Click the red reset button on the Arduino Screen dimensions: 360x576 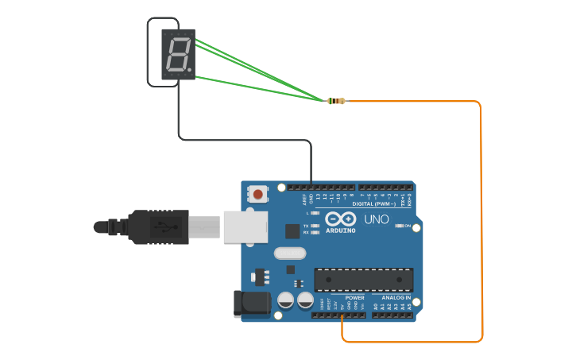pyautogui.click(x=257, y=193)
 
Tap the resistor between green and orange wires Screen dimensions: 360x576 pyautogui.click(x=337, y=101)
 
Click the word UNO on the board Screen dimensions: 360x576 pyautogui.click(x=376, y=219)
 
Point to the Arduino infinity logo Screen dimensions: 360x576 pyautogui.click(x=340, y=219)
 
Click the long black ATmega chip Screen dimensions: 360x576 pyautogui.click(x=364, y=280)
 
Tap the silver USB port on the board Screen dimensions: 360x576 pyautogui.click(x=243, y=226)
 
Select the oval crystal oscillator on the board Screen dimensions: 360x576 pyautogui.click(x=289, y=254)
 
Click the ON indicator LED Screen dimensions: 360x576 pyautogui.click(x=399, y=226)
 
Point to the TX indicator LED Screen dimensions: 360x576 pyautogui.click(x=316, y=226)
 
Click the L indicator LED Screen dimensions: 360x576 pyautogui.click(x=316, y=213)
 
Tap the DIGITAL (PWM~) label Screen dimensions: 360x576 pyautogui.click(x=381, y=204)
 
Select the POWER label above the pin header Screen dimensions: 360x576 pyautogui.click(x=354, y=297)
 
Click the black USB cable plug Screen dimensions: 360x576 pyautogui.click(x=159, y=226)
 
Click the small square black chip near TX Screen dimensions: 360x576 pyautogui.click(x=292, y=231)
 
